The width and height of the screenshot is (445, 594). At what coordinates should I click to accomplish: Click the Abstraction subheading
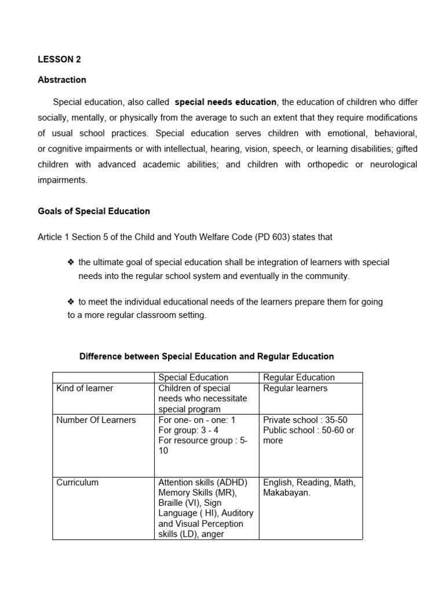[x=62, y=80]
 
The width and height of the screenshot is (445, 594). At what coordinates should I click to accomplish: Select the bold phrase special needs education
[x=225, y=102]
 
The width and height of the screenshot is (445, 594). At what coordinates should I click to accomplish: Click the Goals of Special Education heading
[x=94, y=211]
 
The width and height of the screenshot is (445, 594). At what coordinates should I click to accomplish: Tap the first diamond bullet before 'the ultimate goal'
[x=71, y=262]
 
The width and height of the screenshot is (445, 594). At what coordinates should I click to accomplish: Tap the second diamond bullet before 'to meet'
[x=71, y=302]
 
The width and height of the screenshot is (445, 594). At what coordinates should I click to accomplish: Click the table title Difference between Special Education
[x=206, y=356]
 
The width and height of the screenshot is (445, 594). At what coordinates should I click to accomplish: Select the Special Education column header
[x=193, y=378]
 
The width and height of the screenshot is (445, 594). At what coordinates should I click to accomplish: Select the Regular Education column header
[x=299, y=378]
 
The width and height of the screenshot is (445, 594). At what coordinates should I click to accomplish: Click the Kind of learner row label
[x=85, y=388]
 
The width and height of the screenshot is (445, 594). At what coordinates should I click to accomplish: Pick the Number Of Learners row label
[x=96, y=420]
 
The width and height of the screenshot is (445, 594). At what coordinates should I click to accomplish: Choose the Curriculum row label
[x=78, y=483]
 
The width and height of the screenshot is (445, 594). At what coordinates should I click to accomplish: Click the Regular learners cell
[x=295, y=388]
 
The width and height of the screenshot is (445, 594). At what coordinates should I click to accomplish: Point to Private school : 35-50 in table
[x=305, y=420]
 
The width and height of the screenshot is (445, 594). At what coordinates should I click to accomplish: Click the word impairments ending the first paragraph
[x=63, y=180]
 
